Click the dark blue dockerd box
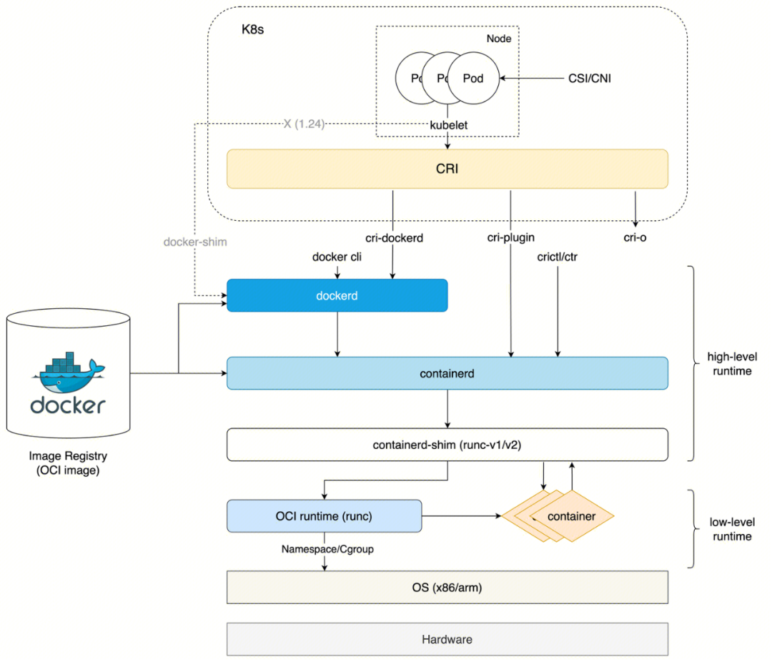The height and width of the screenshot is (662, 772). (x=337, y=295)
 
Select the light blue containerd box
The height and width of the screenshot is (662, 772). (x=447, y=373)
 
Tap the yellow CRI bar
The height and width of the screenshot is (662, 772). (x=447, y=169)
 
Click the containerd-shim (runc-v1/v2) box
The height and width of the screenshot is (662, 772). (x=447, y=444)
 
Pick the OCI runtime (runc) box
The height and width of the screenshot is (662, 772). (x=324, y=516)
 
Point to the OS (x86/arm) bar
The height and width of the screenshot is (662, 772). (x=447, y=587)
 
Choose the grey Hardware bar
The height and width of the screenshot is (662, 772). (x=447, y=639)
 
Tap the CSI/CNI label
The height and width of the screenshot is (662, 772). (x=590, y=79)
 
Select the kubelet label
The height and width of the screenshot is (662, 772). (x=448, y=124)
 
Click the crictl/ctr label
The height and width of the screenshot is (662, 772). (x=557, y=256)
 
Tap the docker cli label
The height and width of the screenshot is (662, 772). (x=337, y=257)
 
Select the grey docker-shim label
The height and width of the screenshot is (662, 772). (x=195, y=242)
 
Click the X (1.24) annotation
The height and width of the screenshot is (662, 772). (x=304, y=124)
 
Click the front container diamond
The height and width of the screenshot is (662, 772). (x=571, y=516)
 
